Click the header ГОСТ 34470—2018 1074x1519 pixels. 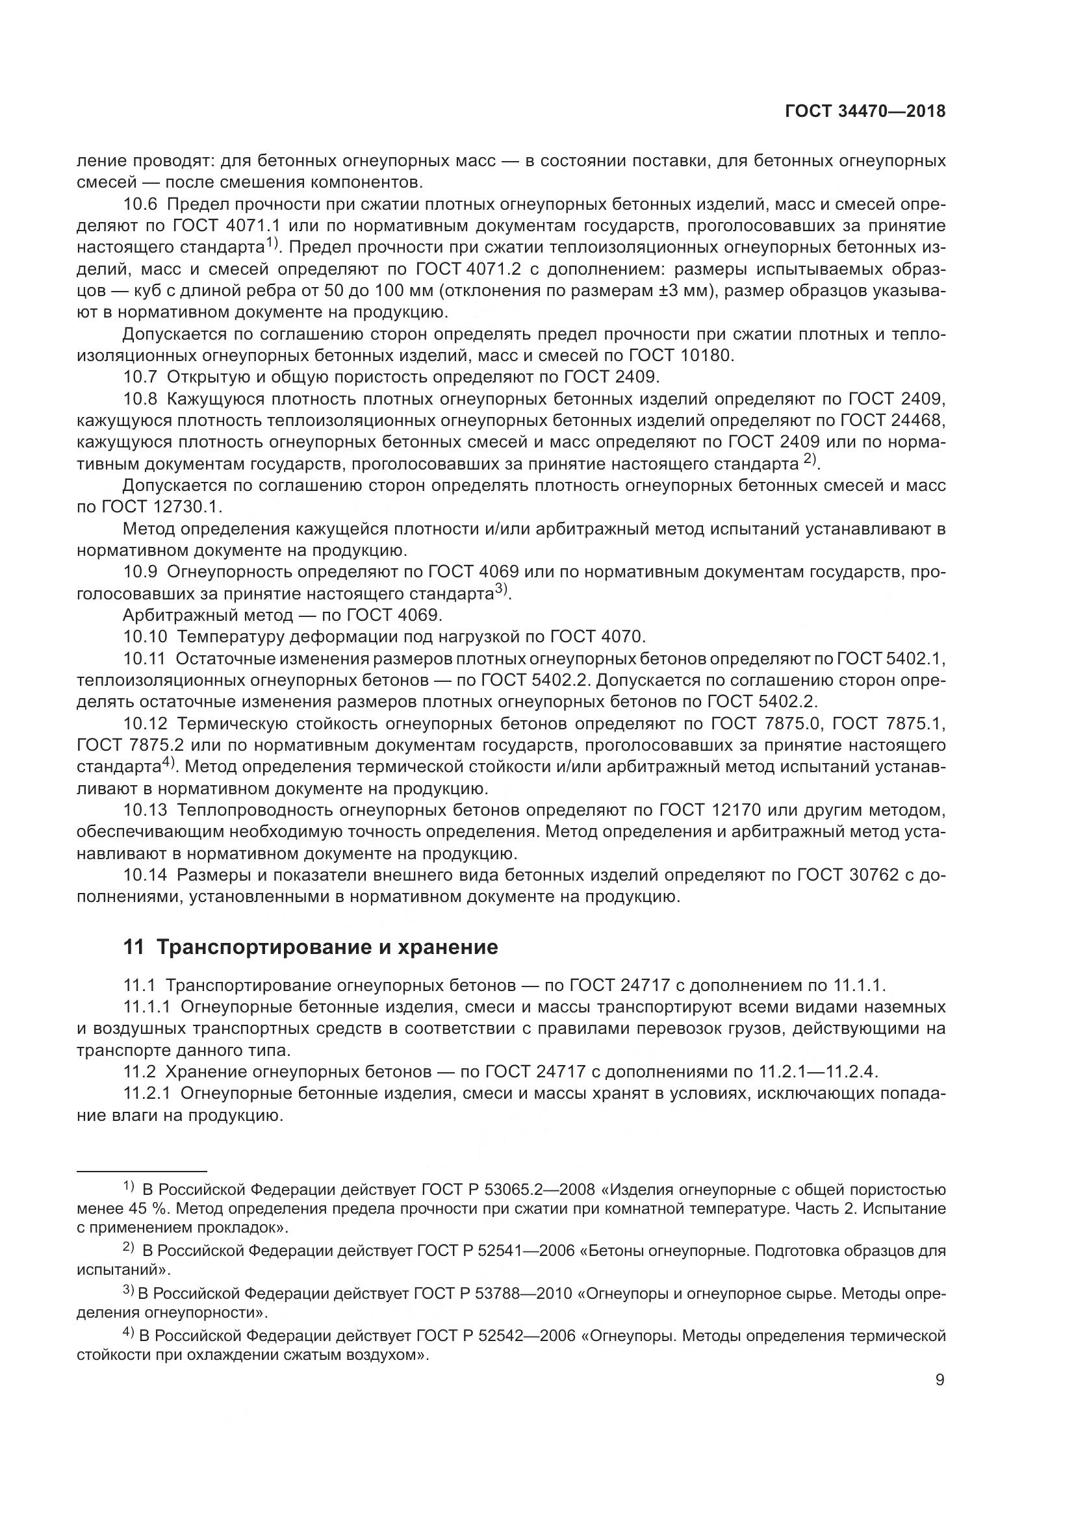865,112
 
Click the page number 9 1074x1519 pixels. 940,1379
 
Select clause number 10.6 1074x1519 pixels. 140,205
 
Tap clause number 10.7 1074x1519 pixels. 140,377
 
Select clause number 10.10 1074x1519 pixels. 144,636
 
